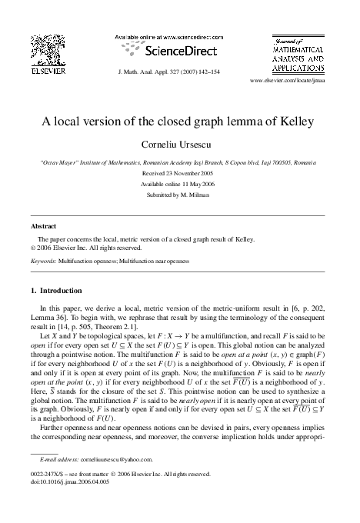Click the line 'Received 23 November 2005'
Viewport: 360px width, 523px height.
pos(179,173)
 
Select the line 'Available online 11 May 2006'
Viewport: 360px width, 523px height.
pos(179,184)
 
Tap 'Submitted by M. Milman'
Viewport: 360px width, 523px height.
pos(179,195)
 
